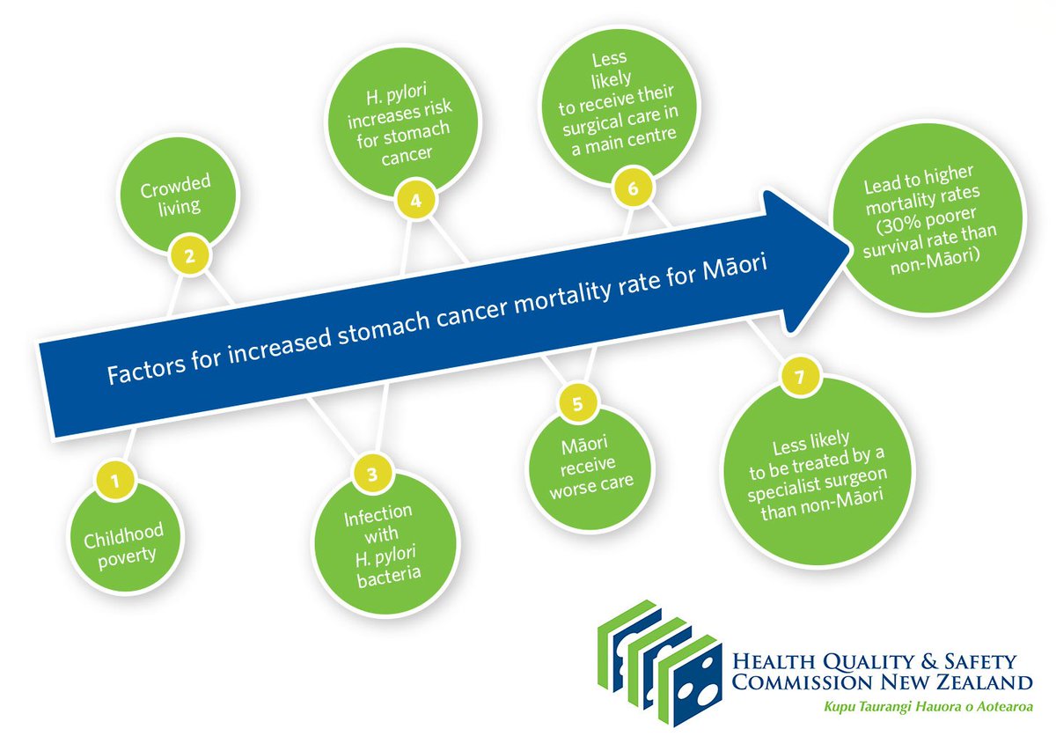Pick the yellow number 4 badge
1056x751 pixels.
pos(415,200)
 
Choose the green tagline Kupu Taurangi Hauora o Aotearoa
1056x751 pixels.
pos(928,707)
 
